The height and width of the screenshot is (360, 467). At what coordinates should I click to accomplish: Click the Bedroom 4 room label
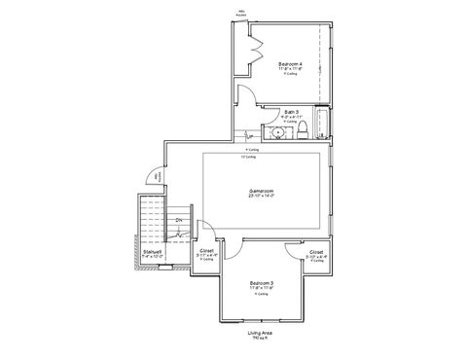(x=290, y=64)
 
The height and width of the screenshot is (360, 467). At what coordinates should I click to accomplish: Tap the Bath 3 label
(x=291, y=112)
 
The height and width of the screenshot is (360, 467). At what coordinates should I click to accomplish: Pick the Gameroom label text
(x=261, y=190)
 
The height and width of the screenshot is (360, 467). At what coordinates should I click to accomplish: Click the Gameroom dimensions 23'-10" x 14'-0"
(x=261, y=196)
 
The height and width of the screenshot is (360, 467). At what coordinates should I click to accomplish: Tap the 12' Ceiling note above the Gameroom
(x=250, y=157)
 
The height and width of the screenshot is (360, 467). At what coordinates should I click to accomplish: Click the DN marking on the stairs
(x=179, y=220)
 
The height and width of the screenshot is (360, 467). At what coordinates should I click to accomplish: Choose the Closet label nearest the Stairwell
(x=206, y=250)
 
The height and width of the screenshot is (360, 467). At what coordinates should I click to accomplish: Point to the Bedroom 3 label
(x=261, y=282)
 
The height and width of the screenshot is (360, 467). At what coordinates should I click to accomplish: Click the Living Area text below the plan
(x=260, y=332)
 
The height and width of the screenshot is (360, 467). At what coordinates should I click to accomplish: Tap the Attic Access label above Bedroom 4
(x=240, y=14)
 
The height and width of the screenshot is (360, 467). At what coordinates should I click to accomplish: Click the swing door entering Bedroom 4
(x=245, y=96)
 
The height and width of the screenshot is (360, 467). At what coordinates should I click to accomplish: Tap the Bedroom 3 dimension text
(x=261, y=288)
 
